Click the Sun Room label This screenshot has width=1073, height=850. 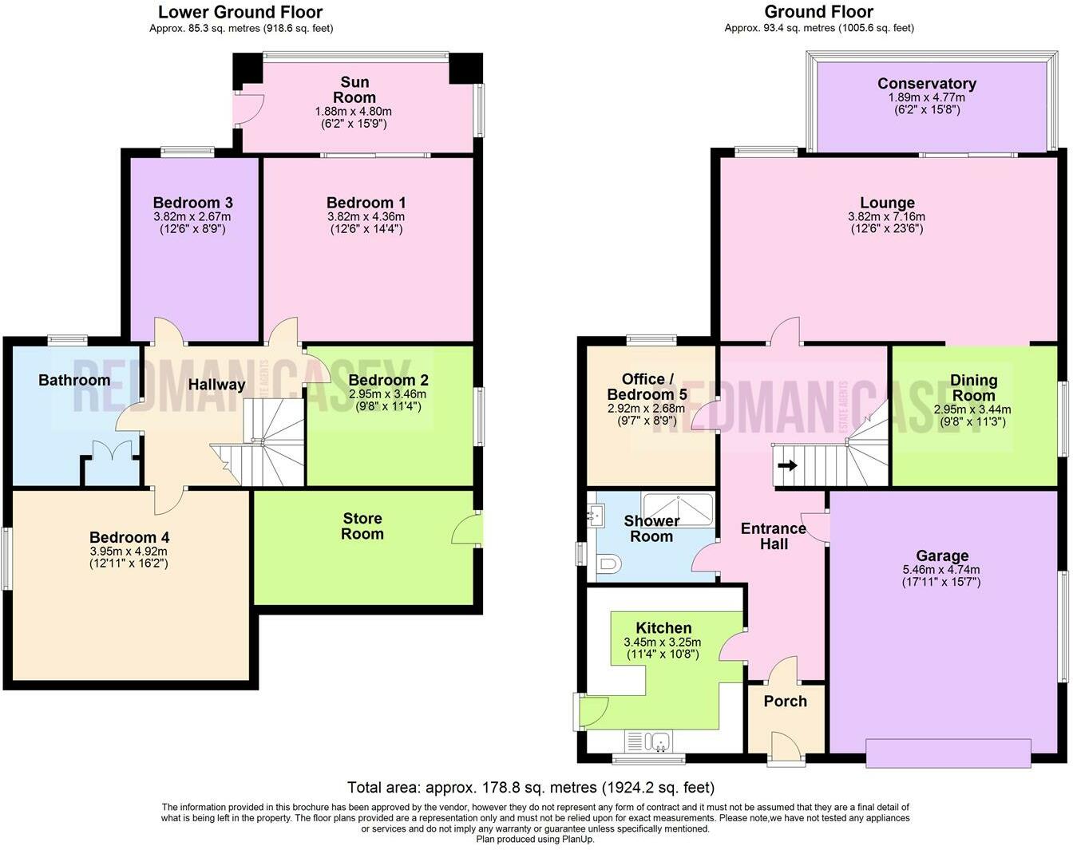(x=354, y=89)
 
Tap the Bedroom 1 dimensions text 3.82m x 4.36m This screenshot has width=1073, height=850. (x=366, y=216)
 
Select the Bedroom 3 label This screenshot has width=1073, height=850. (x=192, y=203)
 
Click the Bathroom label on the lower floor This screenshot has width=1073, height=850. (x=74, y=380)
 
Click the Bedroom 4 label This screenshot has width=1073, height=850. (x=129, y=538)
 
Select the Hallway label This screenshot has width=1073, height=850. (x=216, y=385)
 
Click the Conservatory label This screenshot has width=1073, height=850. (x=926, y=84)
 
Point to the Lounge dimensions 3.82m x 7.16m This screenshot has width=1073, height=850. (x=887, y=216)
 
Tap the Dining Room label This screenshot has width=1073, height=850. (x=973, y=387)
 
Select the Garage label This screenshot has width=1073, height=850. (x=942, y=555)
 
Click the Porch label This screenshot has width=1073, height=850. (x=785, y=701)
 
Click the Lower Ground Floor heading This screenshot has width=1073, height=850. (x=240, y=12)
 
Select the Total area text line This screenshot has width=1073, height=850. (x=531, y=788)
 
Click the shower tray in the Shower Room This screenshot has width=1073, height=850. (x=678, y=508)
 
